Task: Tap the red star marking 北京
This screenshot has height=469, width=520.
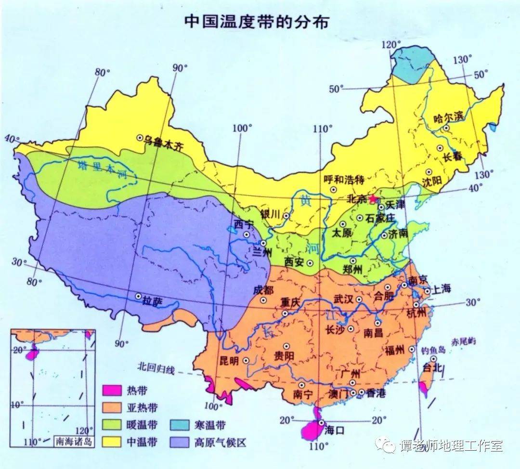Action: [372, 198]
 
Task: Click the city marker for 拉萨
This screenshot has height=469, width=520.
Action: [139, 297]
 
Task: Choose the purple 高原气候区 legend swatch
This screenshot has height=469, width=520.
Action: [179, 442]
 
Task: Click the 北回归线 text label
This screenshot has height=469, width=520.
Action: [155, 367]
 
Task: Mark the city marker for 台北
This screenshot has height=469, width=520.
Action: [433, 359]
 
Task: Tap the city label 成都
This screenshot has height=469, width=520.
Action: [263, 290]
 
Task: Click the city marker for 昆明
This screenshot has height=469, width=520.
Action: [246, 360]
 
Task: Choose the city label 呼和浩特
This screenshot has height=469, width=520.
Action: [343, 180]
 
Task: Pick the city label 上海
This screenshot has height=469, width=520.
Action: [441, 289]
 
